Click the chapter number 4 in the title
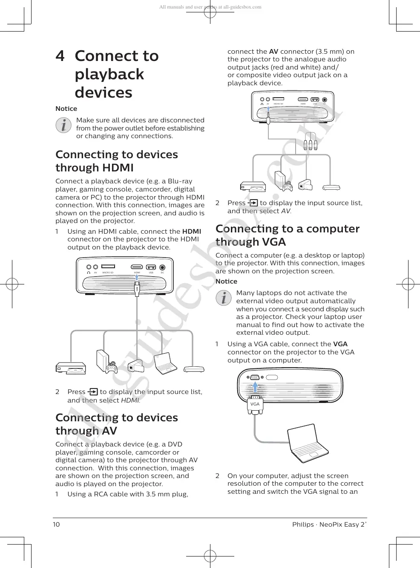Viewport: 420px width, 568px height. pyautogui.click(x=60, y=56)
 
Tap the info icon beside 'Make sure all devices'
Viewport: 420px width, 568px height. pyautogui.click(x=64, y=125)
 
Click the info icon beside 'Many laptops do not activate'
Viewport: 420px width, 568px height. pyautogui.click(x=224, y=298)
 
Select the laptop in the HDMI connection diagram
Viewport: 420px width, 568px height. pyautogui.click(x=165, y=363)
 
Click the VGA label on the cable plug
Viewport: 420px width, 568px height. pyautogui.click(x=255, y=404)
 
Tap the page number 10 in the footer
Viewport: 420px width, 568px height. pyautogui.click(x=56, y=525)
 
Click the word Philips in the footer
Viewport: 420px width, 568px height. pyautogui.click(x=303, y=525)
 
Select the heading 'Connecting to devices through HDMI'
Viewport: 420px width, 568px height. pyautogui.click(x=117, y=161)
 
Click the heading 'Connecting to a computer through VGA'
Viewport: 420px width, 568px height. pyautogui.click(x=288, y=235)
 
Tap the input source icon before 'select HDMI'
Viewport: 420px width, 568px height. pyautogui.click(x=92, y=392)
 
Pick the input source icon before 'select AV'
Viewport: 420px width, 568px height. pyautogui.click(x=253, y=203)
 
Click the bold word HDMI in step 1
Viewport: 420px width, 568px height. pyautogui.click(x=191, y=232)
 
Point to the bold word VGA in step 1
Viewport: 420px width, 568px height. pyautogui.click(x=340, y=344)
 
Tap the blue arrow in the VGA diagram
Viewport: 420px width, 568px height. pyautogui.click(x=255, y=386)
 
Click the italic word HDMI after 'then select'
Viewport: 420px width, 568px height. pyautogui.click(x=130, y=400)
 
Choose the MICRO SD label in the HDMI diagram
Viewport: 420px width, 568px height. pyautogui.click(x=108, y=272)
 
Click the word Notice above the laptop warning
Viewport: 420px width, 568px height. pyautogui.click(x=226, y=281)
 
